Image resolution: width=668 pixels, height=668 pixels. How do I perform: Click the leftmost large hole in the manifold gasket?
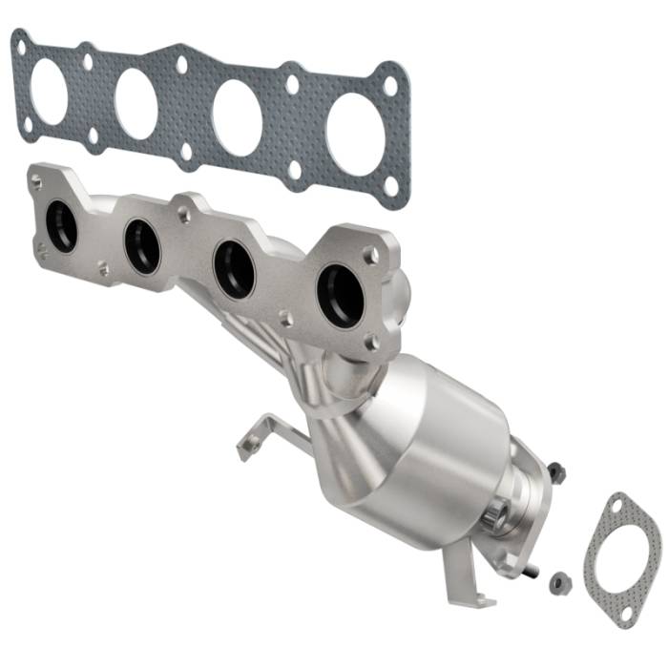click(49, 92)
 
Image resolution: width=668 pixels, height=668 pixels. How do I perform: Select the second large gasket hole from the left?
click(136, 103)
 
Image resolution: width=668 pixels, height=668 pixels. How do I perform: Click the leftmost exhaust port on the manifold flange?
click(61, 227)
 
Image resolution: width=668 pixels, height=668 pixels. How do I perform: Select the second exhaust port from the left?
click(142, 245)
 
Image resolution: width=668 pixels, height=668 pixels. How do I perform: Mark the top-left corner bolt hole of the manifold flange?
click(36, 178)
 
